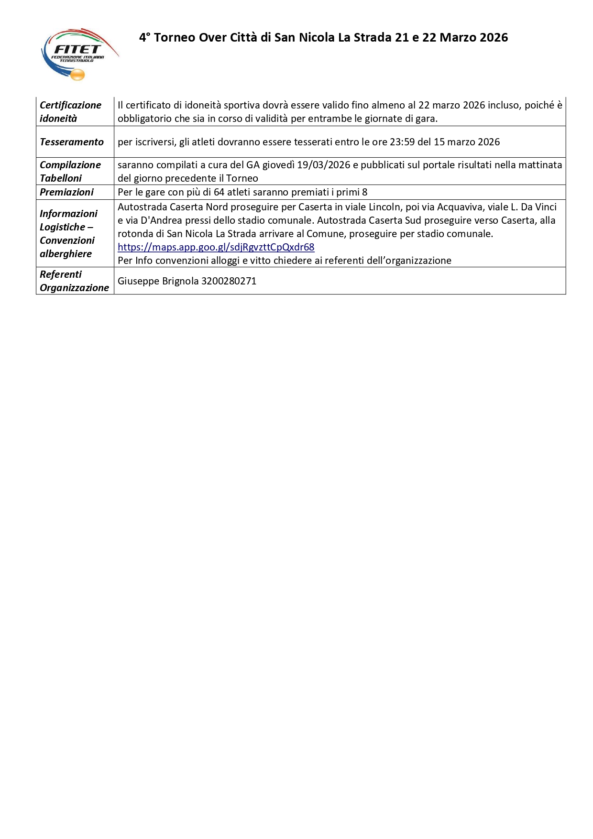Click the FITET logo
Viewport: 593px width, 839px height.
[x=79, y=54]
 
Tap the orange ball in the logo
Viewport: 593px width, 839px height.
[x=77, y=75]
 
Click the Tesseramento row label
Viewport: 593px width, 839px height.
[x=72, y=142]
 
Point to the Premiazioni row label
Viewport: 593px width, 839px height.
[x=66, y=192]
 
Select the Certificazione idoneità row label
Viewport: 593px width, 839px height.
[x=70, y=112]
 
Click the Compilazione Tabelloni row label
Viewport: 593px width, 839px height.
[x=70, y=171]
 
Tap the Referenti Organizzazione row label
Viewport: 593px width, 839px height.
[x=74, y=281]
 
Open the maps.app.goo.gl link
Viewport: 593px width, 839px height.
[x=216, y=247]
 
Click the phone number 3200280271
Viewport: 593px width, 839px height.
[x=229, y=281]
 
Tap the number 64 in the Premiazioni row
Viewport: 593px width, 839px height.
[x=219, y=192]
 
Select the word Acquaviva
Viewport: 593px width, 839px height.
[x=460, y=207]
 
